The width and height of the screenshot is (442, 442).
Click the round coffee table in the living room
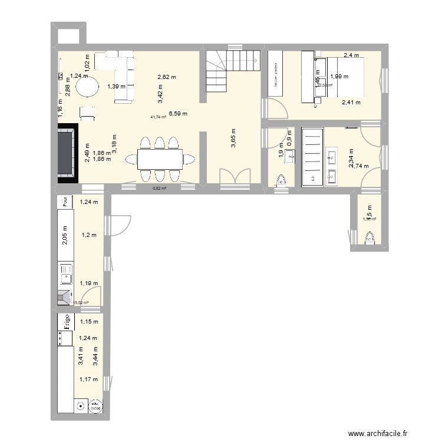tap(87, 88)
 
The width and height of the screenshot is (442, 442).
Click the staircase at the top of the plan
tap(232, 71)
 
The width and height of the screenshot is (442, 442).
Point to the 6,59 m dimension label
tap(179, 113)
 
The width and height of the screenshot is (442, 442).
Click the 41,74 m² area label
tap(158, 117)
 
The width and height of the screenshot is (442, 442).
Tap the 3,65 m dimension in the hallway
tap(233, 141)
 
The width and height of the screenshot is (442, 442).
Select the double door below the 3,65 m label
tap(234, 179)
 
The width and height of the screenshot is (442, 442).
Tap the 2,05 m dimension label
tap(65, 236)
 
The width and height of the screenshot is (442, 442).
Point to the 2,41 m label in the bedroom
tap(351, 102)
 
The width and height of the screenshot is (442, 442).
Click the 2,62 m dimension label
tap(167, 77)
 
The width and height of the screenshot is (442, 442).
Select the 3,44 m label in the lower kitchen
tap(96, 358)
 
